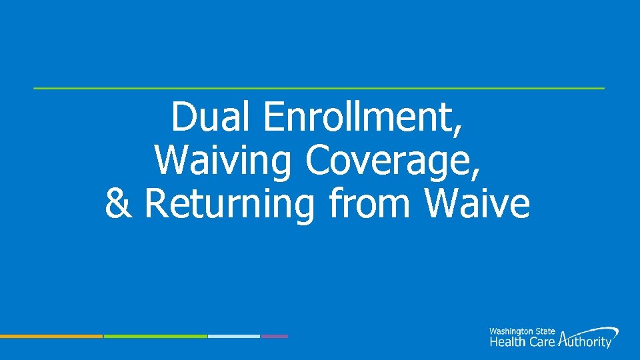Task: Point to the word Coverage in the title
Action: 389,161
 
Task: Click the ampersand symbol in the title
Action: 119,204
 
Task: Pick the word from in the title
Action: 372,204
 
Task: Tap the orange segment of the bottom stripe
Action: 51,336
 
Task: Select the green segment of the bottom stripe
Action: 155,336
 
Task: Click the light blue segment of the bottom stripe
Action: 233,336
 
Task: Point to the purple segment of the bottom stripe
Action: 274,336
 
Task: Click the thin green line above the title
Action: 319,88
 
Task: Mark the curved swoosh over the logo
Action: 597,330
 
